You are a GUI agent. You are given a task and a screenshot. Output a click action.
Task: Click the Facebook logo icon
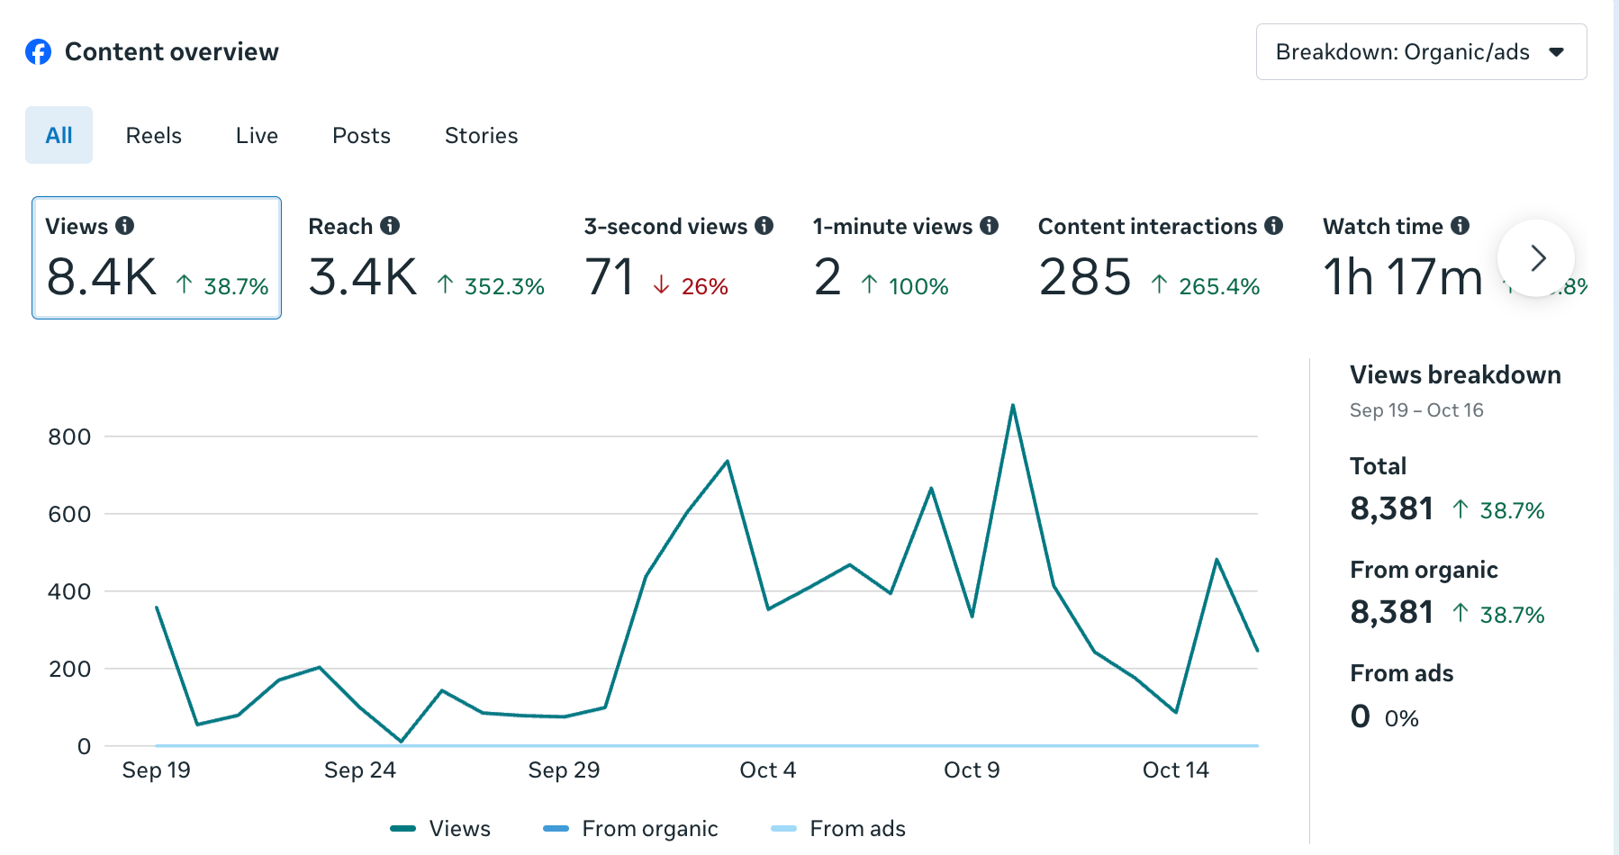click(38, 52)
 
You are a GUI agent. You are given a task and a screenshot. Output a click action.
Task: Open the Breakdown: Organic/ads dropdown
click(1421, 52)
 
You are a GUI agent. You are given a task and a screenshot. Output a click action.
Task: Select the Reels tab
click(153, 136)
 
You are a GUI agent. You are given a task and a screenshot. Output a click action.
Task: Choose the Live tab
click(257, 136)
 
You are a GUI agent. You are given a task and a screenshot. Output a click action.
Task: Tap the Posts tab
click(361, 136)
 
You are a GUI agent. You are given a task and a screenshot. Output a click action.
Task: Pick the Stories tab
click(481, 136)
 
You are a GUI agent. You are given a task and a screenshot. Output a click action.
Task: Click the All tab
click(59, 136)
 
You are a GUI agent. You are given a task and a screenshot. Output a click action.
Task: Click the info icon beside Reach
click(390, 226)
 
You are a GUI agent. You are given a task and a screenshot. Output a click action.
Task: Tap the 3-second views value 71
click(610, 277)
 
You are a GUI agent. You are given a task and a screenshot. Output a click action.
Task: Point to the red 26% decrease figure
click(704, 287)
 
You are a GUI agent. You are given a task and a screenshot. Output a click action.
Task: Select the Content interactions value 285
click(1084, 277)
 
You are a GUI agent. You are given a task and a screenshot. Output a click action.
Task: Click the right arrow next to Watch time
click(1536, 258)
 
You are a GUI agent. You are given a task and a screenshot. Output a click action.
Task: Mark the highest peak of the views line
click(1013, 406)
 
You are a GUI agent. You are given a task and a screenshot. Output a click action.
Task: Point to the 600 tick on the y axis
click(69, 514)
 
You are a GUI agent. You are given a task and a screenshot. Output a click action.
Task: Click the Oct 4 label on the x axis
click(767, 770)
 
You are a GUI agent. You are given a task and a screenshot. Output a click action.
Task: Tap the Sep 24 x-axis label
click(359, 770)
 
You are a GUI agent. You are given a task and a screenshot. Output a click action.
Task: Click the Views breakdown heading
click(1455, 375)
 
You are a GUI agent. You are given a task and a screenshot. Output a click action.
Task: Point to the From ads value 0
click(1360, 716)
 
